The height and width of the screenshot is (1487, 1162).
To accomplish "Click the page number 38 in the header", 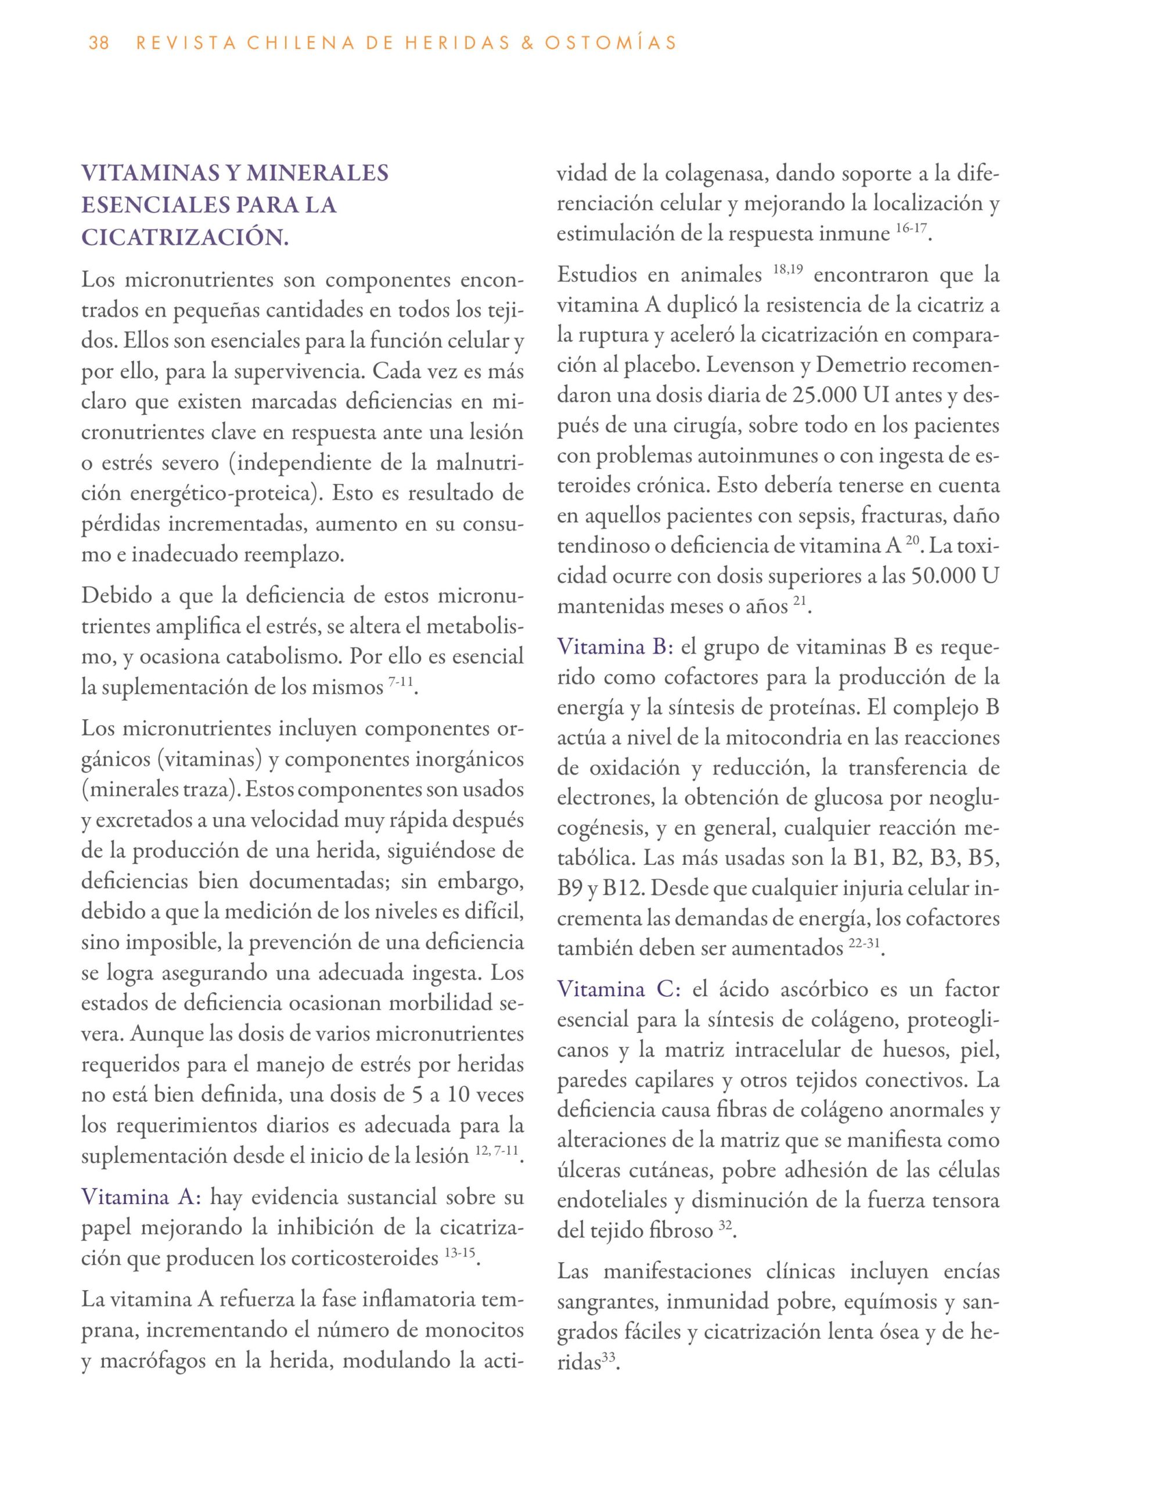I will coord(99,44).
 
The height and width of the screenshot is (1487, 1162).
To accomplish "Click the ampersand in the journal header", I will coord(523,44).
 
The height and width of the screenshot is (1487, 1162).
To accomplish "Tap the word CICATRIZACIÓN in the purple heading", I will coord(185,238).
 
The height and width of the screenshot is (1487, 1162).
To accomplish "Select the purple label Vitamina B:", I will coord(615,647).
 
